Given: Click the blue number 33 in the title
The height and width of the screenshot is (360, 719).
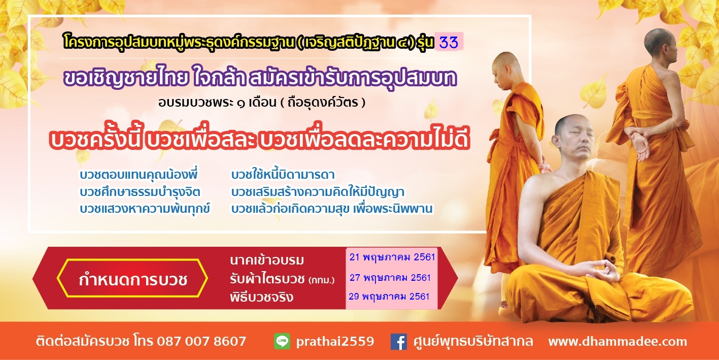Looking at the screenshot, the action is pyautogui.click(x=449, y=42).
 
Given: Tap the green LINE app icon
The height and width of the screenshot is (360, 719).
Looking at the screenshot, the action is pyautogui.click(x=282, y=341).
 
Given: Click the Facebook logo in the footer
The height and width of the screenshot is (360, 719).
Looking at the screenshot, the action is pyautogui.click(x=399, y=341).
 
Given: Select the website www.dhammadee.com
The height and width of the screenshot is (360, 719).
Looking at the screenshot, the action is pyautogui.click(x=618, y=341).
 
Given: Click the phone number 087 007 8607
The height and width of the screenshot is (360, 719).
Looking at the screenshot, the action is pyautogui.click(x=201, y=341).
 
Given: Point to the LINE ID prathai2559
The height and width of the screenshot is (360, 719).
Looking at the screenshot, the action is pyautogui.click(x=335, y=342).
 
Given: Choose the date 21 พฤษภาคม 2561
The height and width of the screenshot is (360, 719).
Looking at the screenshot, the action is pyautogui.click(x=392, y=257).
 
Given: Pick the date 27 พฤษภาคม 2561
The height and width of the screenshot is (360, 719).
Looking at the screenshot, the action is pyautogui.click(x=390, y=277).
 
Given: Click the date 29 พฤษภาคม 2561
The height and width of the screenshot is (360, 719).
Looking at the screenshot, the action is pyautogui.click(x=389, y=297).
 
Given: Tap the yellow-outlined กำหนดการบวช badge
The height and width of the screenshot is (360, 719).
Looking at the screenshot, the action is pyautogui.click(x=132, y=278).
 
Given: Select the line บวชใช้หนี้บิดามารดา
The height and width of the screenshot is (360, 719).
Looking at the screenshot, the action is pyautogui.click(x=283, y=174).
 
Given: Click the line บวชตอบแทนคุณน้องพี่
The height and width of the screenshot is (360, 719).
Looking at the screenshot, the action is pyautogui.click(x=139, y=174).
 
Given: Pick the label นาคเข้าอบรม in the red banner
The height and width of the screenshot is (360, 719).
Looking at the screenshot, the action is pyautogui.click(x=267, y=260).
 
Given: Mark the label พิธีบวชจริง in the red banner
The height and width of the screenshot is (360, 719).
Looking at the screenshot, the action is pyautogui.click(x=261, y=297).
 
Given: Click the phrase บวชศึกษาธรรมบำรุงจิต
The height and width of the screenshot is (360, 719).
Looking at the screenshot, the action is pyautogui.click(x=140, y=192).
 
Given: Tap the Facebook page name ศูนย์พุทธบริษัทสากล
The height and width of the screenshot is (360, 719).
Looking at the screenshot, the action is pyautogui.click(x=473, y=341).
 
